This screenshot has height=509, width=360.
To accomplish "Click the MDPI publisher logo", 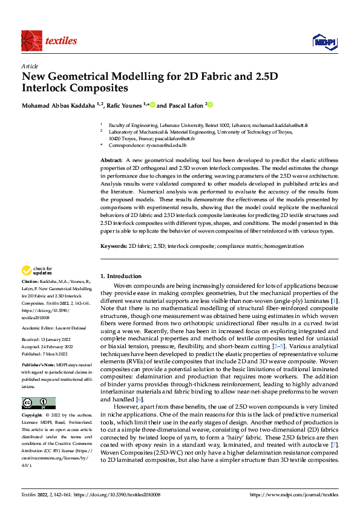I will click(x=324, y=41).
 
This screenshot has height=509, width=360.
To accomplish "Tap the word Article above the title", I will click(x=29, y=66).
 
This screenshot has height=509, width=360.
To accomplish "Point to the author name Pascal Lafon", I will click(x=185, y=105).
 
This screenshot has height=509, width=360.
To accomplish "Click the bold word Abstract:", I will click(x=111, y=159).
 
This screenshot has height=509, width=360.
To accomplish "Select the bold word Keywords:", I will click(x=113, y=247).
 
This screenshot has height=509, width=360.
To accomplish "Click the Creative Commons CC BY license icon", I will click(x=38, y=403).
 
